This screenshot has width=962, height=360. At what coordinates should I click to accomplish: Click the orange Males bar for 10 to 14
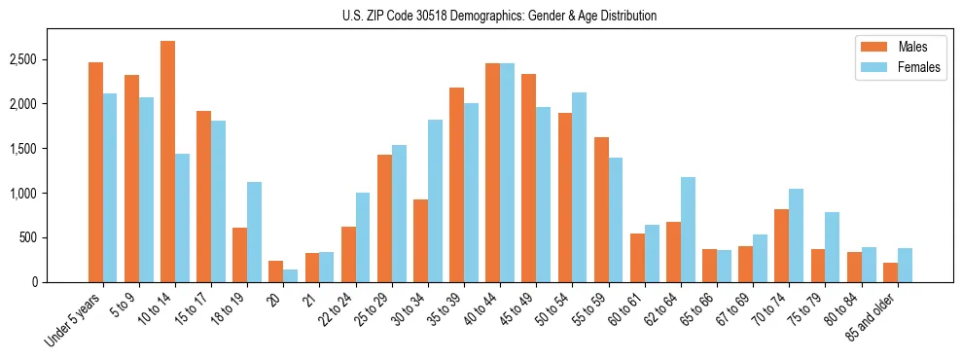pos(168,162)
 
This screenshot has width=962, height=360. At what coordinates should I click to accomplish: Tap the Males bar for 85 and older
pos(890,272)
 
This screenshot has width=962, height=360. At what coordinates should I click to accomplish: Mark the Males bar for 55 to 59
pos(601,209)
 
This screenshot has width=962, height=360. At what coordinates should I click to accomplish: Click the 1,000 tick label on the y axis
pos(51,194)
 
